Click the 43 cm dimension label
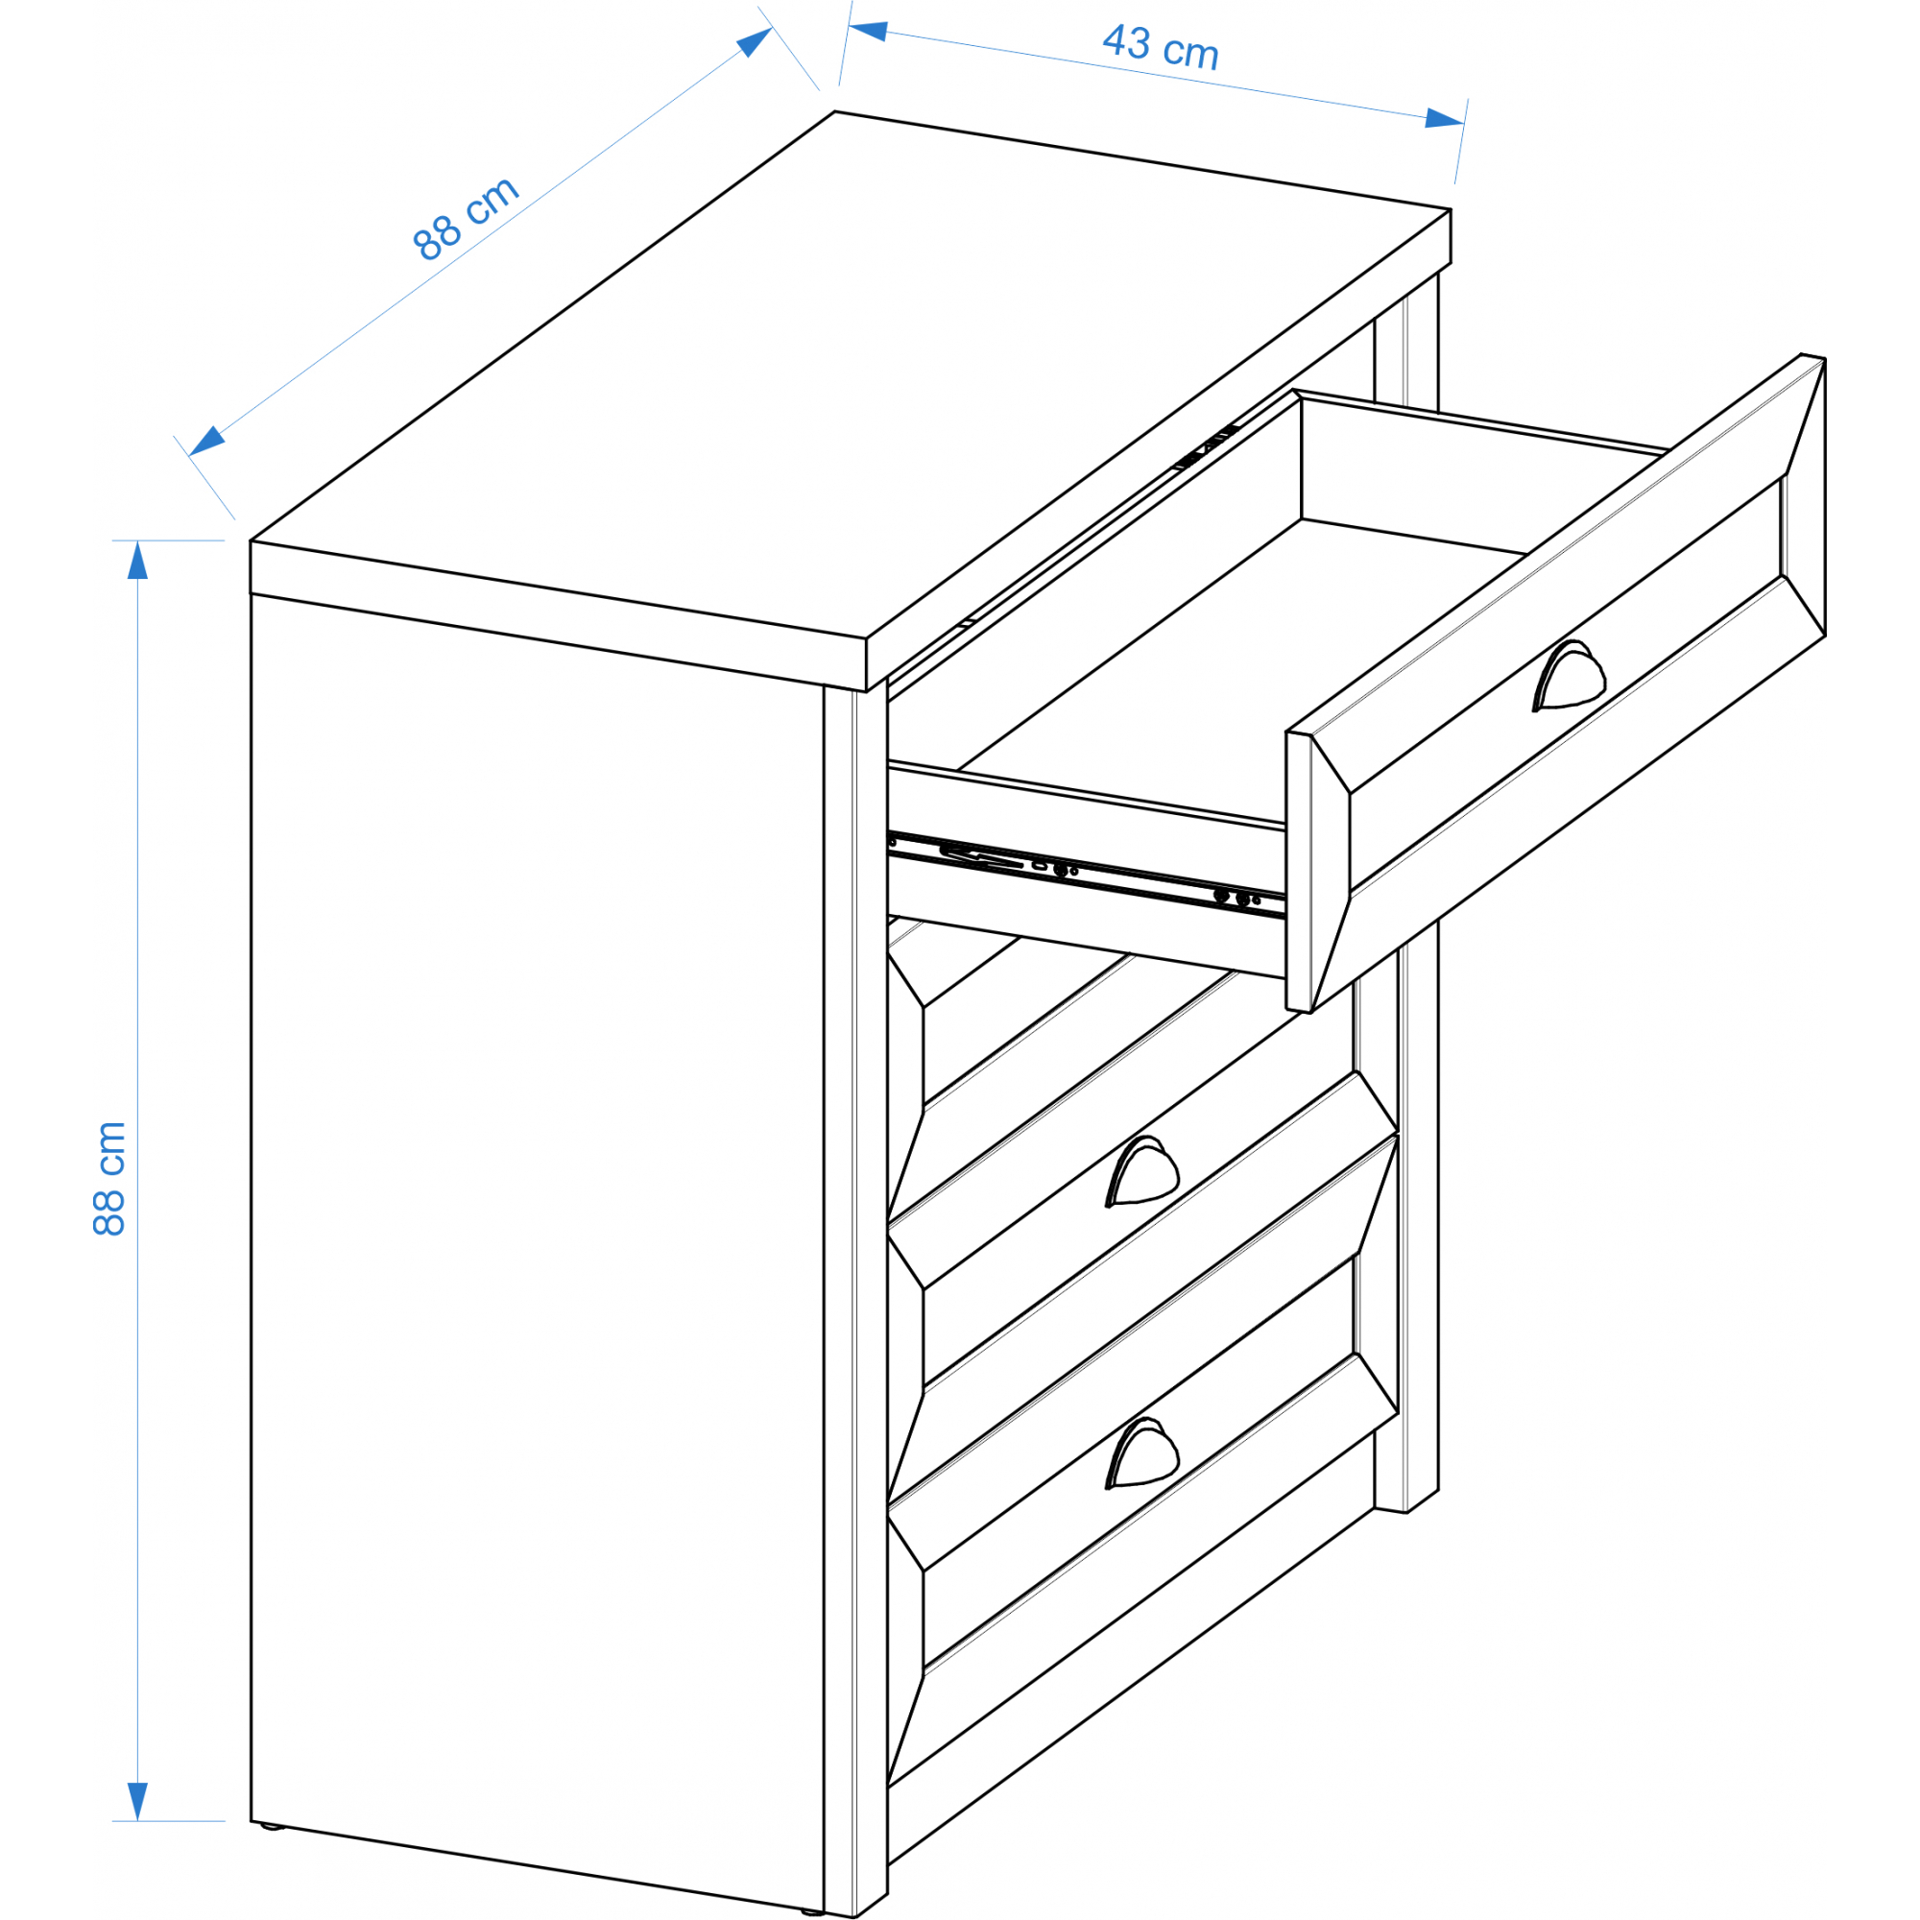tap(1160, 47)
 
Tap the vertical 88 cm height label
tap(109, 1179)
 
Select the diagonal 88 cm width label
tap(465, 218)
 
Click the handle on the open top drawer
tap(1568, 677)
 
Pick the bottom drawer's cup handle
tap(1141, 1453)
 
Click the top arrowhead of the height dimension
tap(137, 561)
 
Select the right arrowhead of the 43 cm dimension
tap(1445, 118)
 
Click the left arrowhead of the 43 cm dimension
tap(869, 31)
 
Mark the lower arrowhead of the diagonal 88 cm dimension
tap(206, 441)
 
